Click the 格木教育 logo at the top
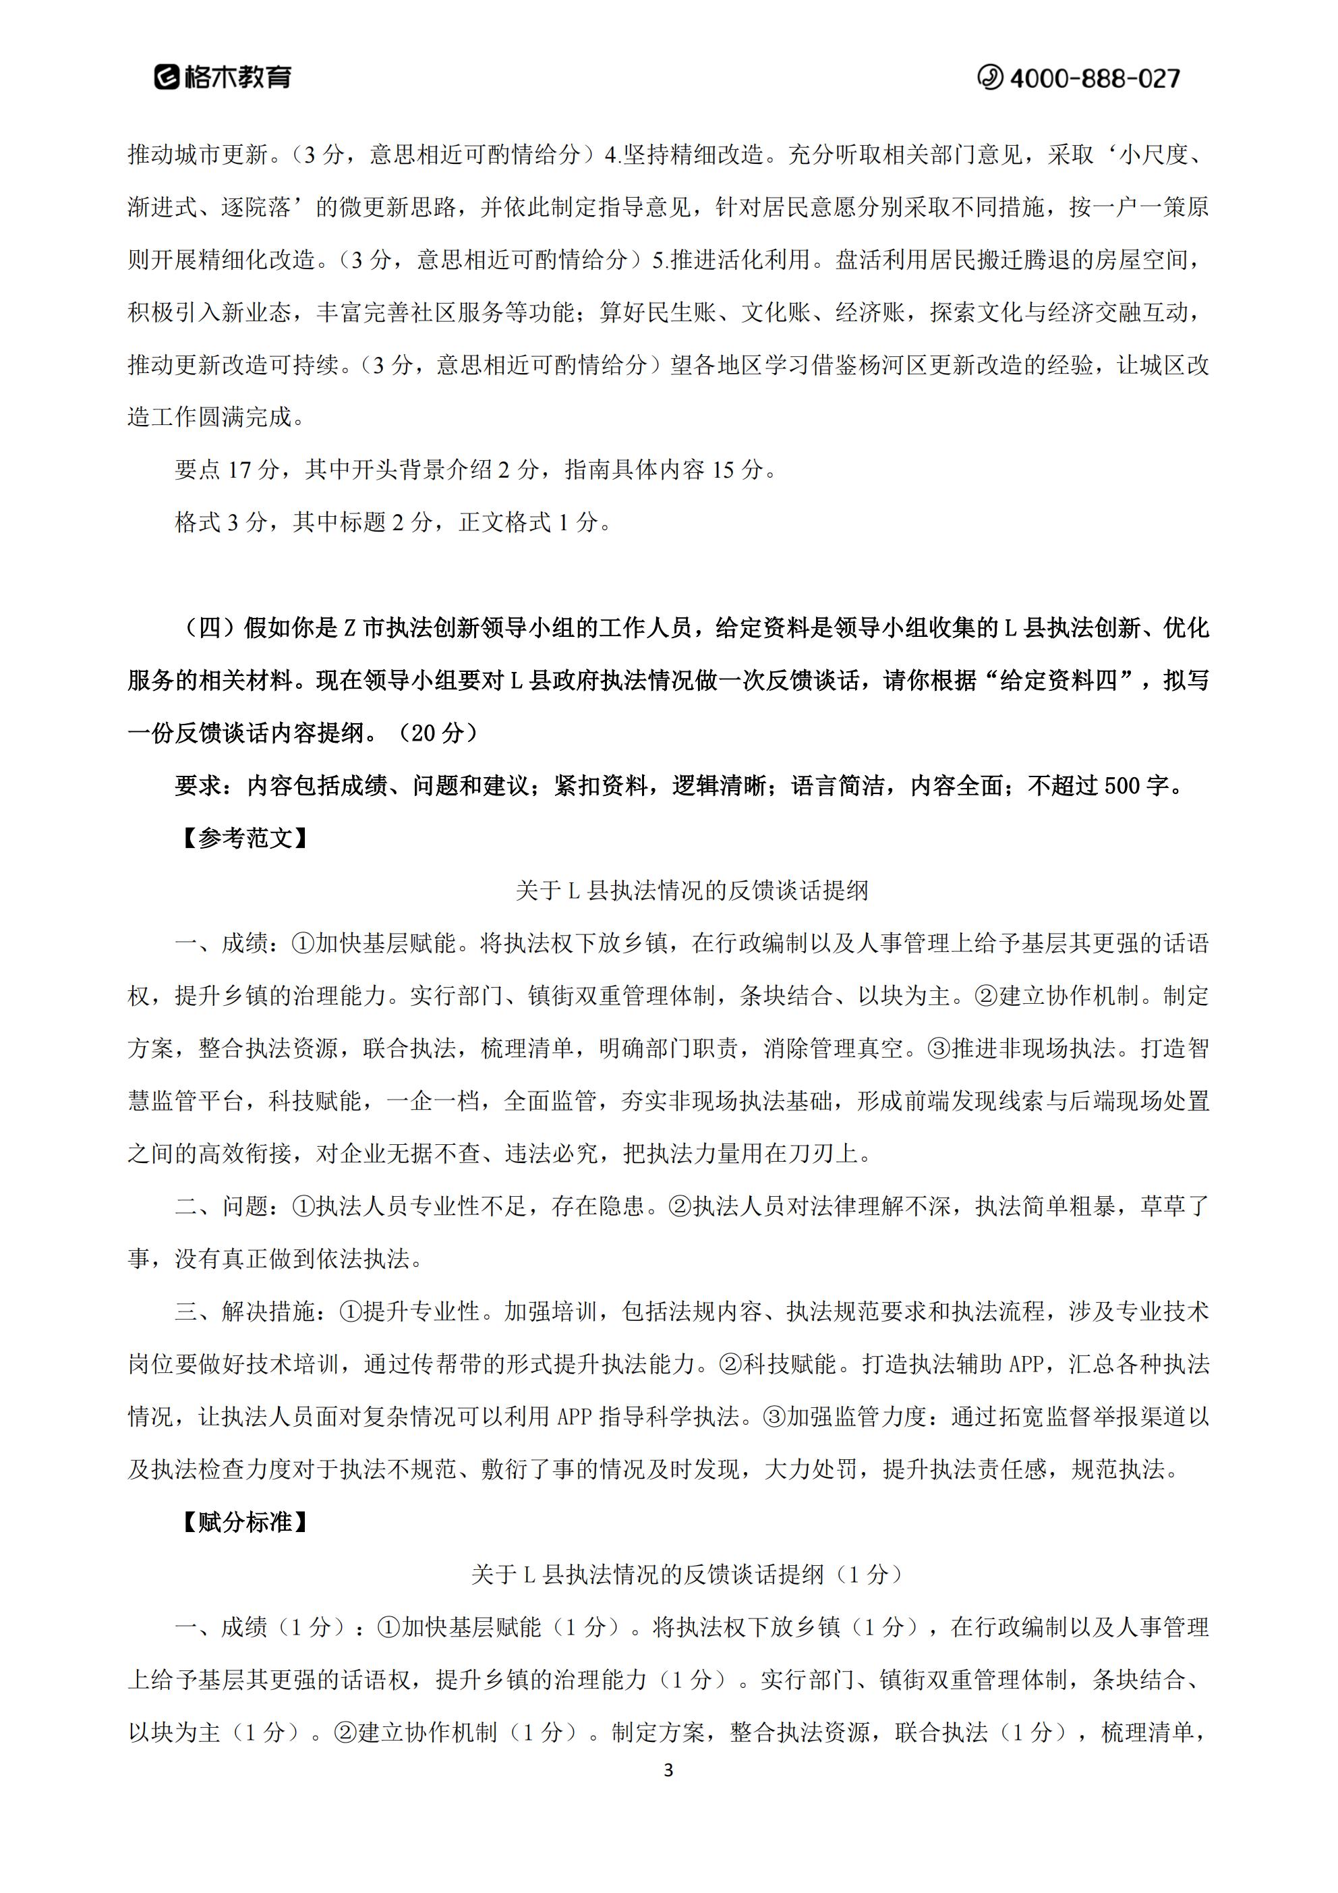point(223,78)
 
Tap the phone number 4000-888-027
point(1079,78)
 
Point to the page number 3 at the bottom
point(668,1770)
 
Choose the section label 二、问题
point(221,1206)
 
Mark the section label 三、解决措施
point(244,1311)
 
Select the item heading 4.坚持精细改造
point(685,154)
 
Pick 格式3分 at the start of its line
point(221,523)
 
